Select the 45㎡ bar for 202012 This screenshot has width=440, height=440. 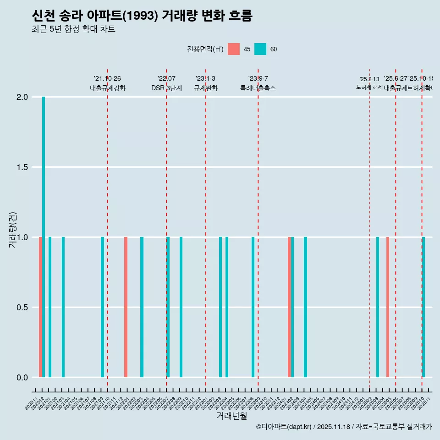40,307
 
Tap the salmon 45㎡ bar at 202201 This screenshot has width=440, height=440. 126,307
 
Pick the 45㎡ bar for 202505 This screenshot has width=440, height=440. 387,307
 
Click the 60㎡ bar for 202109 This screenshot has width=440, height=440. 103,307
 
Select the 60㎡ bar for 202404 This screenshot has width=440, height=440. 305,307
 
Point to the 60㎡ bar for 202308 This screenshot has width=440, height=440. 253,307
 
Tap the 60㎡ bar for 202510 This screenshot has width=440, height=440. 423,307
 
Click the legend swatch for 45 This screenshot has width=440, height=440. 234,49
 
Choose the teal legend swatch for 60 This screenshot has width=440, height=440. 260,49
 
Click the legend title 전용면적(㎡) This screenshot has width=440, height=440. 205,49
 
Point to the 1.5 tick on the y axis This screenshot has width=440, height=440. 23,167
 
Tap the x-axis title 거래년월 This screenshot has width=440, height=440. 231,416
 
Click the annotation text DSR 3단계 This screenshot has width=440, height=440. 166,88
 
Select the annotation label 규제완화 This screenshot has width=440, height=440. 205,88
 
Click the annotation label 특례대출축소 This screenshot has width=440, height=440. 258,88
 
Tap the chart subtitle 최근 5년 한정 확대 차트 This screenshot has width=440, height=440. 73,29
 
